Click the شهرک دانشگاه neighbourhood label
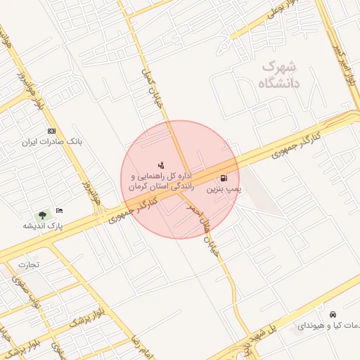[x=279, y=75]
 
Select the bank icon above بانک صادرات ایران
[x=51, y=131]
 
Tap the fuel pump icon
[x=224, y=178]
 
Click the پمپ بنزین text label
[x=224, y=190]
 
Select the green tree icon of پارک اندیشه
[x=44, y=213]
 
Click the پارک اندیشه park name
[x=42, y=226]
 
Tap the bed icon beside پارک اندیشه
[x=60, y=210]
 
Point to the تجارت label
[x=29, y=265]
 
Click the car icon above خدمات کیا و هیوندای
[x=332, y=314]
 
